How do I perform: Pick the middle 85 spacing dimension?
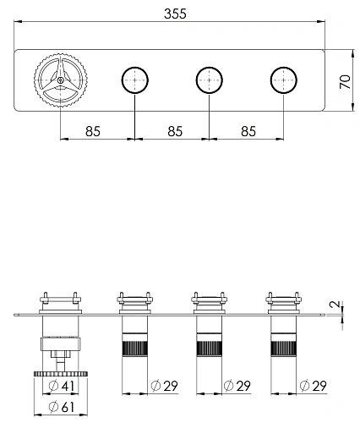pos(172,131)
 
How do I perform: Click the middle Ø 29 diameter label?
pos(237,387)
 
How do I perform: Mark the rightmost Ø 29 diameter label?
pos(312,387)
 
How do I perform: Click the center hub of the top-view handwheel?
pos(60,80)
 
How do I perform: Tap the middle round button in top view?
pos(208,80)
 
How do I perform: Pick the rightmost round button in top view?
pos(282,80)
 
